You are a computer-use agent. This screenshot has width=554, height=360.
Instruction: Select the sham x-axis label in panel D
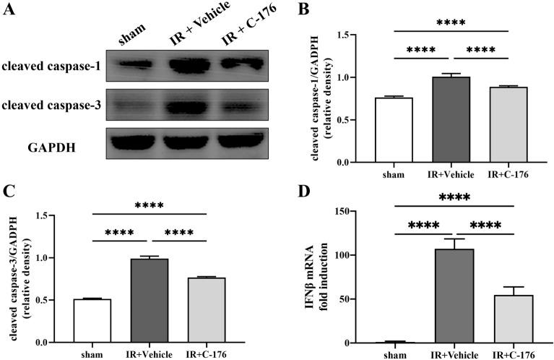coord(394,355)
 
